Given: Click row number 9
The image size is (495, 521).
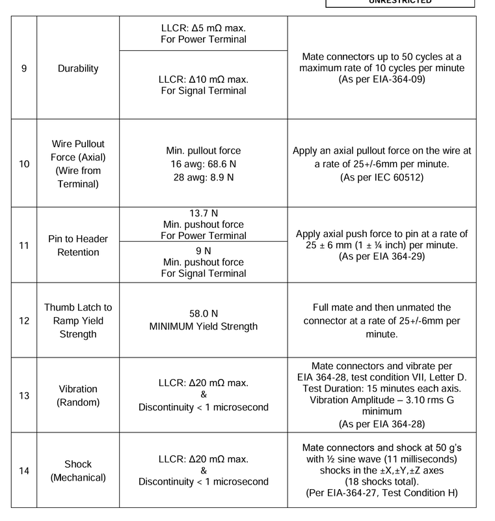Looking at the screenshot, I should [24, 68].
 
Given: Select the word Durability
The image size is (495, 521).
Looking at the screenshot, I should [77, 68].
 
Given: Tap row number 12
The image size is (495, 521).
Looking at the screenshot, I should [24, 320].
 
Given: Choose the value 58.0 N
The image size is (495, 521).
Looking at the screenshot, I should [203, 313].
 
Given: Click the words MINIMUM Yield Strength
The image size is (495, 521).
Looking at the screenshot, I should [203, 326].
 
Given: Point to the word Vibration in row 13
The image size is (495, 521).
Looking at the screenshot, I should [77, 389].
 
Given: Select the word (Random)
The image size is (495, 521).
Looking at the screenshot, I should [77, 402].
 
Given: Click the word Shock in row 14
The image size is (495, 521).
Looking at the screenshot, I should [77, 464].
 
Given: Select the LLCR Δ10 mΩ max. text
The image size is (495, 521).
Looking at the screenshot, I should [203, 79].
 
